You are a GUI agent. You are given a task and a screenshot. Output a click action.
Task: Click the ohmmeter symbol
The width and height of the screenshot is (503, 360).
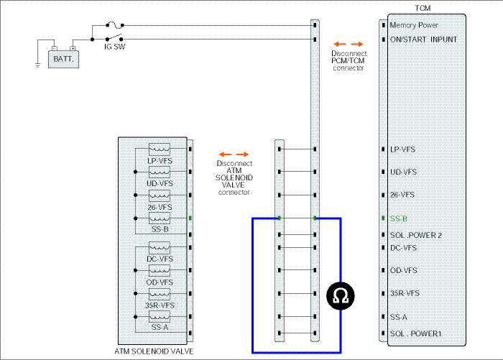click(x=341, y=296)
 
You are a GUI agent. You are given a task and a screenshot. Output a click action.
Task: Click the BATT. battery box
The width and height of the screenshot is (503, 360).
click(x=63, y=59)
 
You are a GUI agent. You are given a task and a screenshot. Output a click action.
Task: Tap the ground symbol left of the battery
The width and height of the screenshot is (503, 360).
click(x=38, y=65)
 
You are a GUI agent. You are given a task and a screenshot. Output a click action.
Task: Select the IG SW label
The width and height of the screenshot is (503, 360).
click(x=114, y=47)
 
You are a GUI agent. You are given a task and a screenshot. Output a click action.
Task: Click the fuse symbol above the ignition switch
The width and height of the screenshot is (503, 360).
click(x=114, y=24)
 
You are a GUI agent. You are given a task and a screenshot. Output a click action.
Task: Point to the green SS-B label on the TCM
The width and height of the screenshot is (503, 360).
click(x=398, y=219)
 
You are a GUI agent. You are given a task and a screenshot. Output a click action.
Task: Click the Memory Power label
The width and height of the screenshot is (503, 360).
click(x=414, y=25)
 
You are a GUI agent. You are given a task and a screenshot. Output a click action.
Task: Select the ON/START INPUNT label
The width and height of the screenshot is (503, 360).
click(x=423, y=40)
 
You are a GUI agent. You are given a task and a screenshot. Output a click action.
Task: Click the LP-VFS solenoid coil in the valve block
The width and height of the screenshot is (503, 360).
click(x=160, y=149)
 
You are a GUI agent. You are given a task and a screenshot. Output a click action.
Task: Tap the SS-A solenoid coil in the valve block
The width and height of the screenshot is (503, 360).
click(x=160, y=317)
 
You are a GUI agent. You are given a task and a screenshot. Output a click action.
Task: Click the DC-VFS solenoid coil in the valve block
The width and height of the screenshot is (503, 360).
click(x=160, y=248)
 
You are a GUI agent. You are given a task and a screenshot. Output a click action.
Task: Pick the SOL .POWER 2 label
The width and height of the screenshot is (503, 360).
click(x=416, y=235)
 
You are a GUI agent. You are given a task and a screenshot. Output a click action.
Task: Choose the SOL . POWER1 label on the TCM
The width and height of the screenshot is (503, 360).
click(x=416, y=333)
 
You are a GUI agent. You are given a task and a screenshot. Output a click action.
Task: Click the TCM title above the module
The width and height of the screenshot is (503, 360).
click(x=423, y=9)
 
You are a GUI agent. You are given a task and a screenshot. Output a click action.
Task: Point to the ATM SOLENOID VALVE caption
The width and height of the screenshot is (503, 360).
click(x=154, y=351)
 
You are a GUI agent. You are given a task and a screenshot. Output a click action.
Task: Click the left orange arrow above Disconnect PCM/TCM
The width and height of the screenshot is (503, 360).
click(x=340, y=45)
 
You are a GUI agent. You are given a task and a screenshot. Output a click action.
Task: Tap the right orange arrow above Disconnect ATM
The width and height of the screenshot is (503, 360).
click(x=243, y=154)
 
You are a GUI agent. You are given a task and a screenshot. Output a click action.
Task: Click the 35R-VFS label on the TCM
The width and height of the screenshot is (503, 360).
click(x=405, y=293)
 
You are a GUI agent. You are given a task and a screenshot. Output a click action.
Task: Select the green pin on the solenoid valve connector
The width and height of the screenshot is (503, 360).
click(x=190, y=218)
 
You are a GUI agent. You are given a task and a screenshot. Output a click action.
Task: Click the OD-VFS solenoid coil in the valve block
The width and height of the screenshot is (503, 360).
click(x=160, y=270)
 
